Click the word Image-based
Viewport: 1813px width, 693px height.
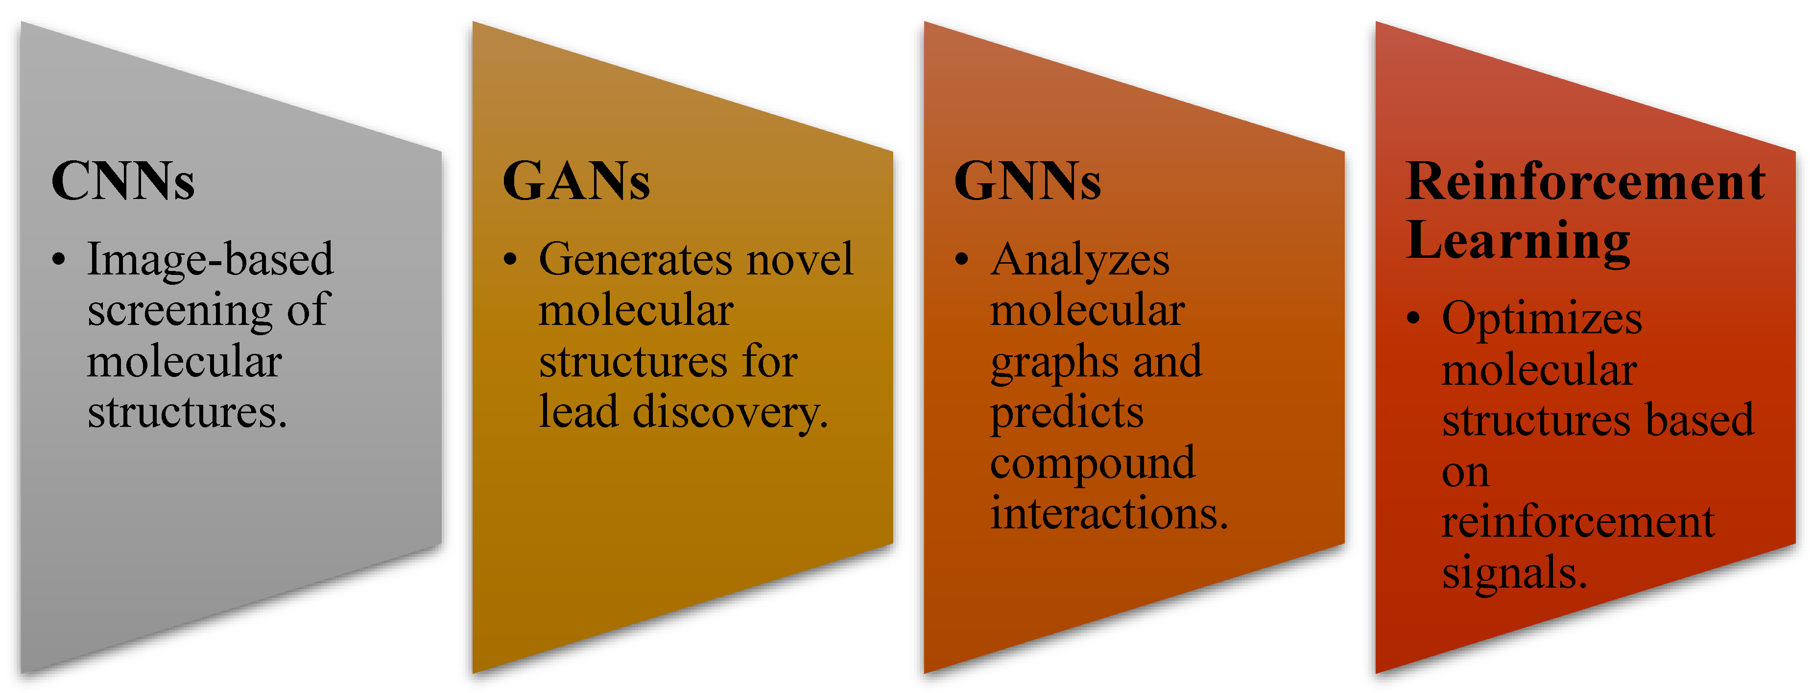(210, 259)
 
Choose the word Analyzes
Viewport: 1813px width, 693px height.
(1080, 259)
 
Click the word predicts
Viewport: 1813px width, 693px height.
(1066, 413)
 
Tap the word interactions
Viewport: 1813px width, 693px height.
(1108, 513)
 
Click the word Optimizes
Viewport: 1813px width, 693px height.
(1541, 319)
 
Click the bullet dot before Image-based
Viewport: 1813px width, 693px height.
(59, 259)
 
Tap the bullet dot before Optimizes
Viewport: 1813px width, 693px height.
(1413, 319)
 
